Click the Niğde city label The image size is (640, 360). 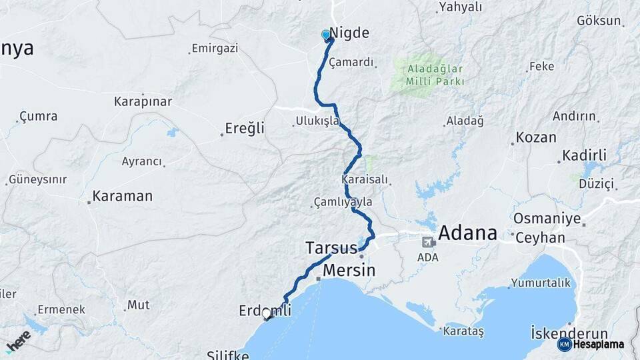349,33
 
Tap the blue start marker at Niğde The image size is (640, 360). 326,35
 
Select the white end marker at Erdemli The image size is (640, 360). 267,313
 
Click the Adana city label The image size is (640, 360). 468,233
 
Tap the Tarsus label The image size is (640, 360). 331,247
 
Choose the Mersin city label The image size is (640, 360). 349,271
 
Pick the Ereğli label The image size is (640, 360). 245,127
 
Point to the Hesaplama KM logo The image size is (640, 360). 592,344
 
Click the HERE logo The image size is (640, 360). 18,339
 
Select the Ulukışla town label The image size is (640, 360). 317,121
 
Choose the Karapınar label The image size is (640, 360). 143,102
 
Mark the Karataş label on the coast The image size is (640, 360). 464,331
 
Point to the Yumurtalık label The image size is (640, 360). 541,283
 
